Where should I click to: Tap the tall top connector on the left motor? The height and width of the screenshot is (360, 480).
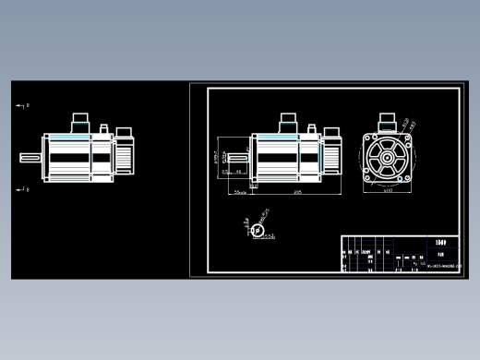[x=79, y=122]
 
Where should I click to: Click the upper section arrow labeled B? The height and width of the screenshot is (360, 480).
[x=21, y=106]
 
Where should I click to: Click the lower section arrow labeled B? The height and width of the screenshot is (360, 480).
[x=21, y=189]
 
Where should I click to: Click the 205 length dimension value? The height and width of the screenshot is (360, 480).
[x=297, y=193]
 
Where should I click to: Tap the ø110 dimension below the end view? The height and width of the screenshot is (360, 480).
[x=387, y=191]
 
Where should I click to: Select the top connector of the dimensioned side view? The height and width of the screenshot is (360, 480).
[x=286, y=122]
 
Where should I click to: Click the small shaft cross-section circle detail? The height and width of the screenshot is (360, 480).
[x=258, y=230]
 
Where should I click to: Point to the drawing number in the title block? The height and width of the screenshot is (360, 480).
[x=441, y=267]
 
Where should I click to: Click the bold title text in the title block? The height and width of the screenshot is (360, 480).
[x=440, y=241]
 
